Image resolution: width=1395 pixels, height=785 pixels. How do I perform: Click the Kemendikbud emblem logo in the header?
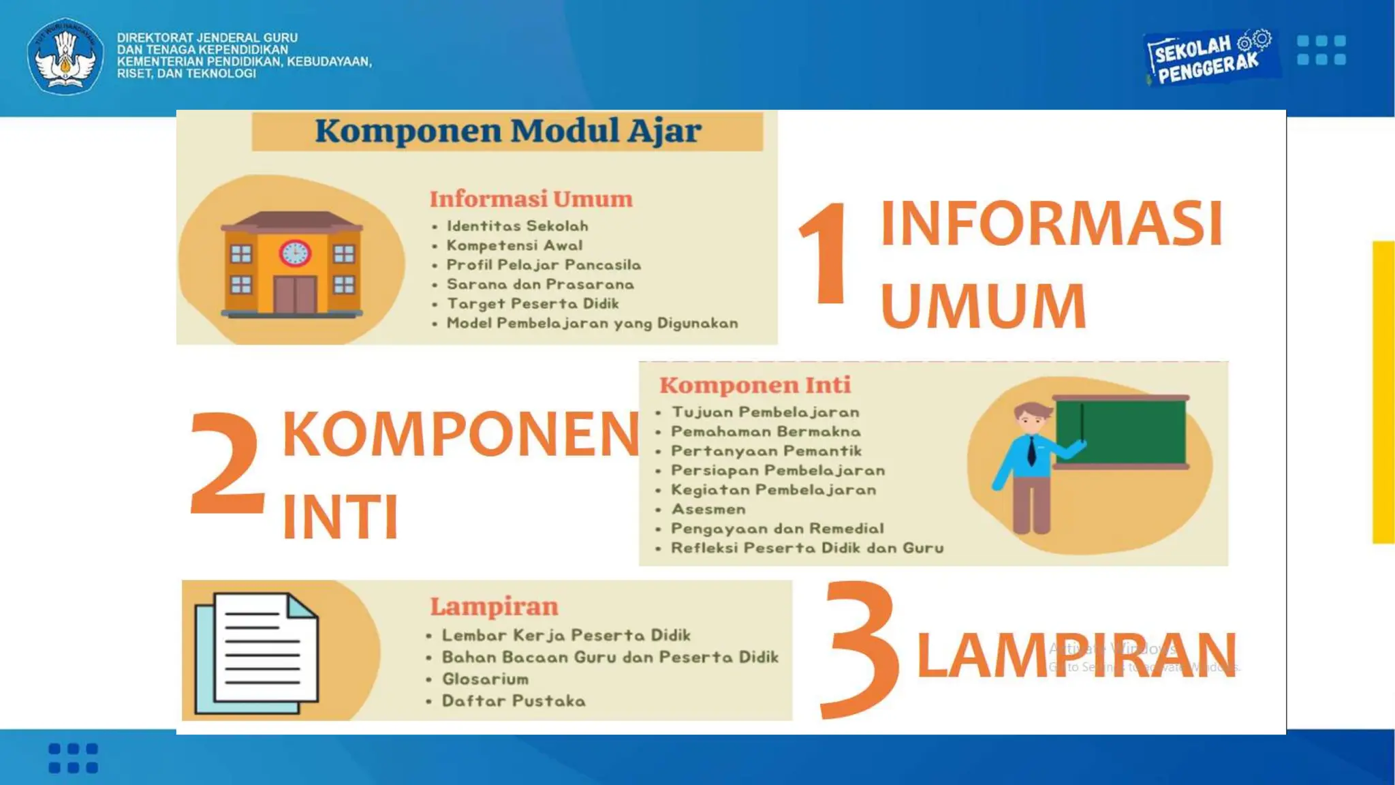[x=65, y=56]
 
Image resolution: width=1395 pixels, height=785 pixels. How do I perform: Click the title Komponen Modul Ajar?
[x=507, y=131]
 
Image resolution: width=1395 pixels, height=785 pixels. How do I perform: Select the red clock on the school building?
[x=295, y=253]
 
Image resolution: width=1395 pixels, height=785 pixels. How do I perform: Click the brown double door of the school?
[x=295, y=294]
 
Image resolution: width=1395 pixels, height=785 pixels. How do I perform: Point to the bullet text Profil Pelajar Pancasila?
[x=543, y=265]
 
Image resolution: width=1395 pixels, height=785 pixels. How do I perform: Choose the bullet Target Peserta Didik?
[x=532, y=304]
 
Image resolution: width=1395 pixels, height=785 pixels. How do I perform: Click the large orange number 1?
[x=826, y=253]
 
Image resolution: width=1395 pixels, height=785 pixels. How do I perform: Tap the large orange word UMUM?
[x=983, y=306]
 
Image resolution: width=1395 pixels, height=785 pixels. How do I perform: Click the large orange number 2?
[x=226, y=463]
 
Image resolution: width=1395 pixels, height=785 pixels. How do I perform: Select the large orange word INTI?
[x=340, y=517]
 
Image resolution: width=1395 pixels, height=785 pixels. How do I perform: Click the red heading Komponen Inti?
[x=755, y=385]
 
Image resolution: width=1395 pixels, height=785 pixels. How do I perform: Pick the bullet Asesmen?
[x=708, y=509]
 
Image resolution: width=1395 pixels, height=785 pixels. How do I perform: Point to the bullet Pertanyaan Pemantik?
[x=766, y=451]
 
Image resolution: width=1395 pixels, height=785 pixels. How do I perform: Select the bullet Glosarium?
[x=484, y=679]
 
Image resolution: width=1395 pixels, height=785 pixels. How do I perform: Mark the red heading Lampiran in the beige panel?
[x=494, y=606]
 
